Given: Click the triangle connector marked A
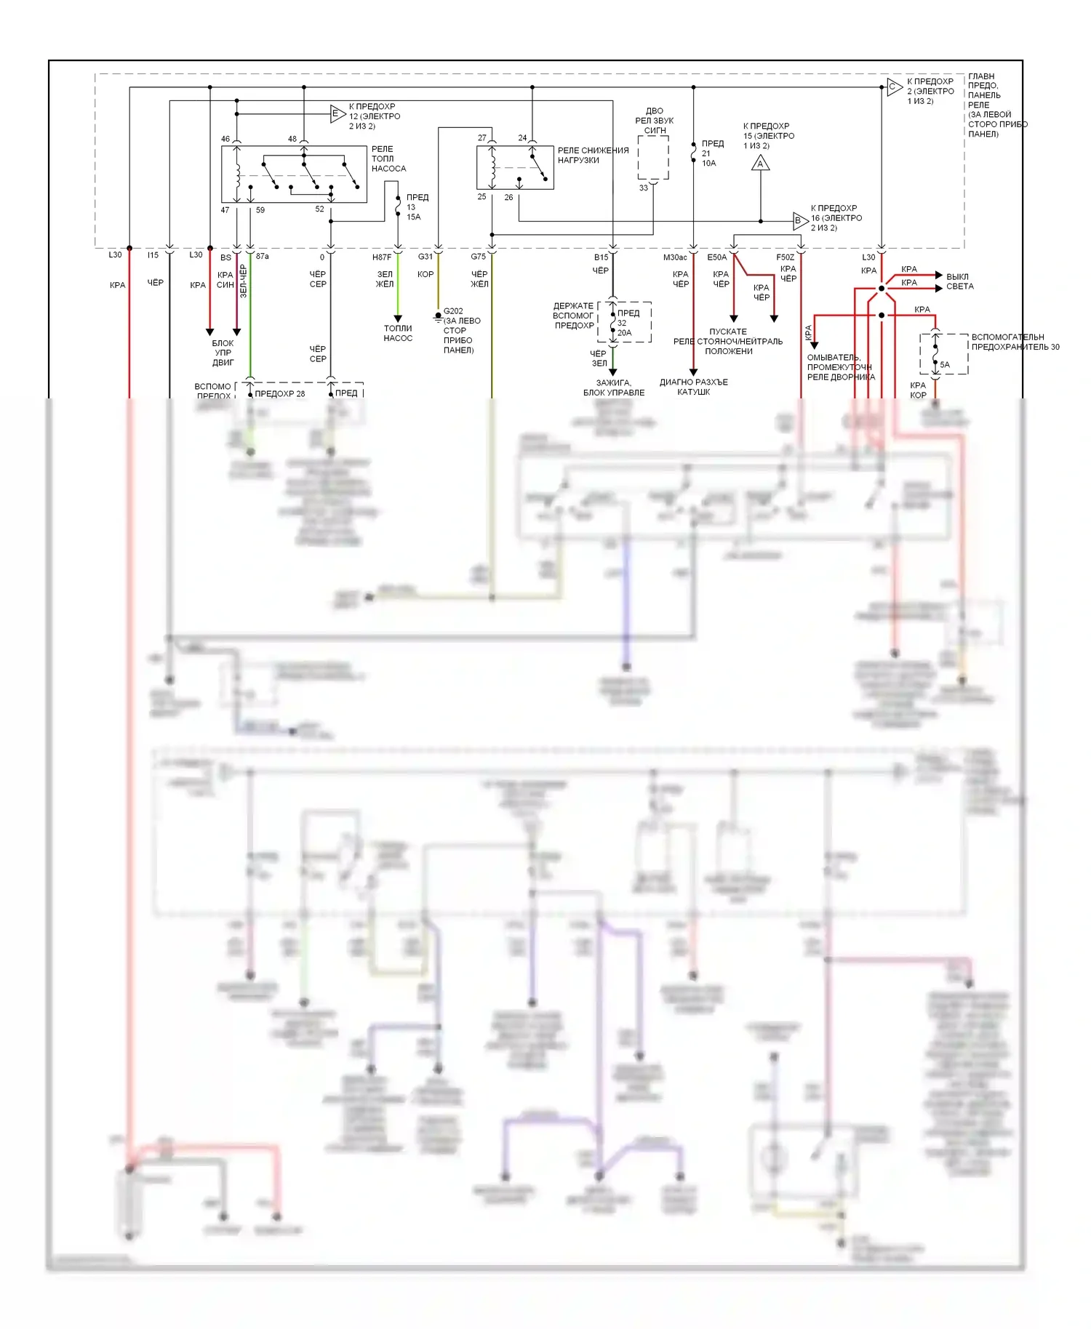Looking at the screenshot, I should click(760, 164).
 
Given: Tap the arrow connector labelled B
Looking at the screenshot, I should click(799, 221).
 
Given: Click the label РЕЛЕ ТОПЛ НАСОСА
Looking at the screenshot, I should click(388, 158).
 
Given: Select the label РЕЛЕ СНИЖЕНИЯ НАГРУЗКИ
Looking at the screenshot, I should click(593, 155).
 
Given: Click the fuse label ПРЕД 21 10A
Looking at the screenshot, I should click(711, 153).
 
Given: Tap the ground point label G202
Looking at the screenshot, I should click(452, 311).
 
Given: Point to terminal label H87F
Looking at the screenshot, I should click(382, 257).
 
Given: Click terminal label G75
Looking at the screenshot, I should click(478, 257).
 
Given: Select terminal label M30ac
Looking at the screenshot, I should click(675, 257).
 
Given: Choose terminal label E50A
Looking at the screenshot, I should click(716, 257).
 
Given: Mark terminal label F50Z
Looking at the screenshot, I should click(785, 257).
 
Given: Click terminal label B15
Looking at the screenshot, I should click(601, 257).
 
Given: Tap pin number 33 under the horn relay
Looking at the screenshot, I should click(643, 188).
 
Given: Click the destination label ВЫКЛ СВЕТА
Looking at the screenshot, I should click(959, 281).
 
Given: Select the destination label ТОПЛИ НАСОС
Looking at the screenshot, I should click(398, 333).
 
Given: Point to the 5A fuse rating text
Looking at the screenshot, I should click(944, 365).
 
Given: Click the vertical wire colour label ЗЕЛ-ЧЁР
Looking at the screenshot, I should click(244, 281).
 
